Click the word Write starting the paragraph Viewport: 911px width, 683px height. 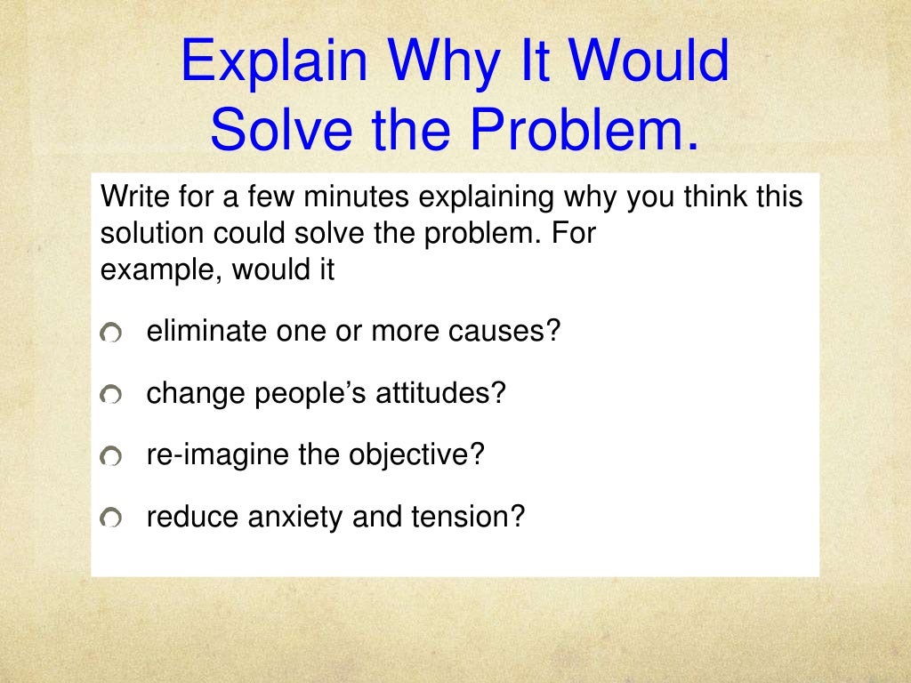[128, 197]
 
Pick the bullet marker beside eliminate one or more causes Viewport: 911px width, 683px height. [111, 333]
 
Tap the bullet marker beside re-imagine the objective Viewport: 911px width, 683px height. [111, 456]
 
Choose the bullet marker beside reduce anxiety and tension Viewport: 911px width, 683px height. [111, 517]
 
